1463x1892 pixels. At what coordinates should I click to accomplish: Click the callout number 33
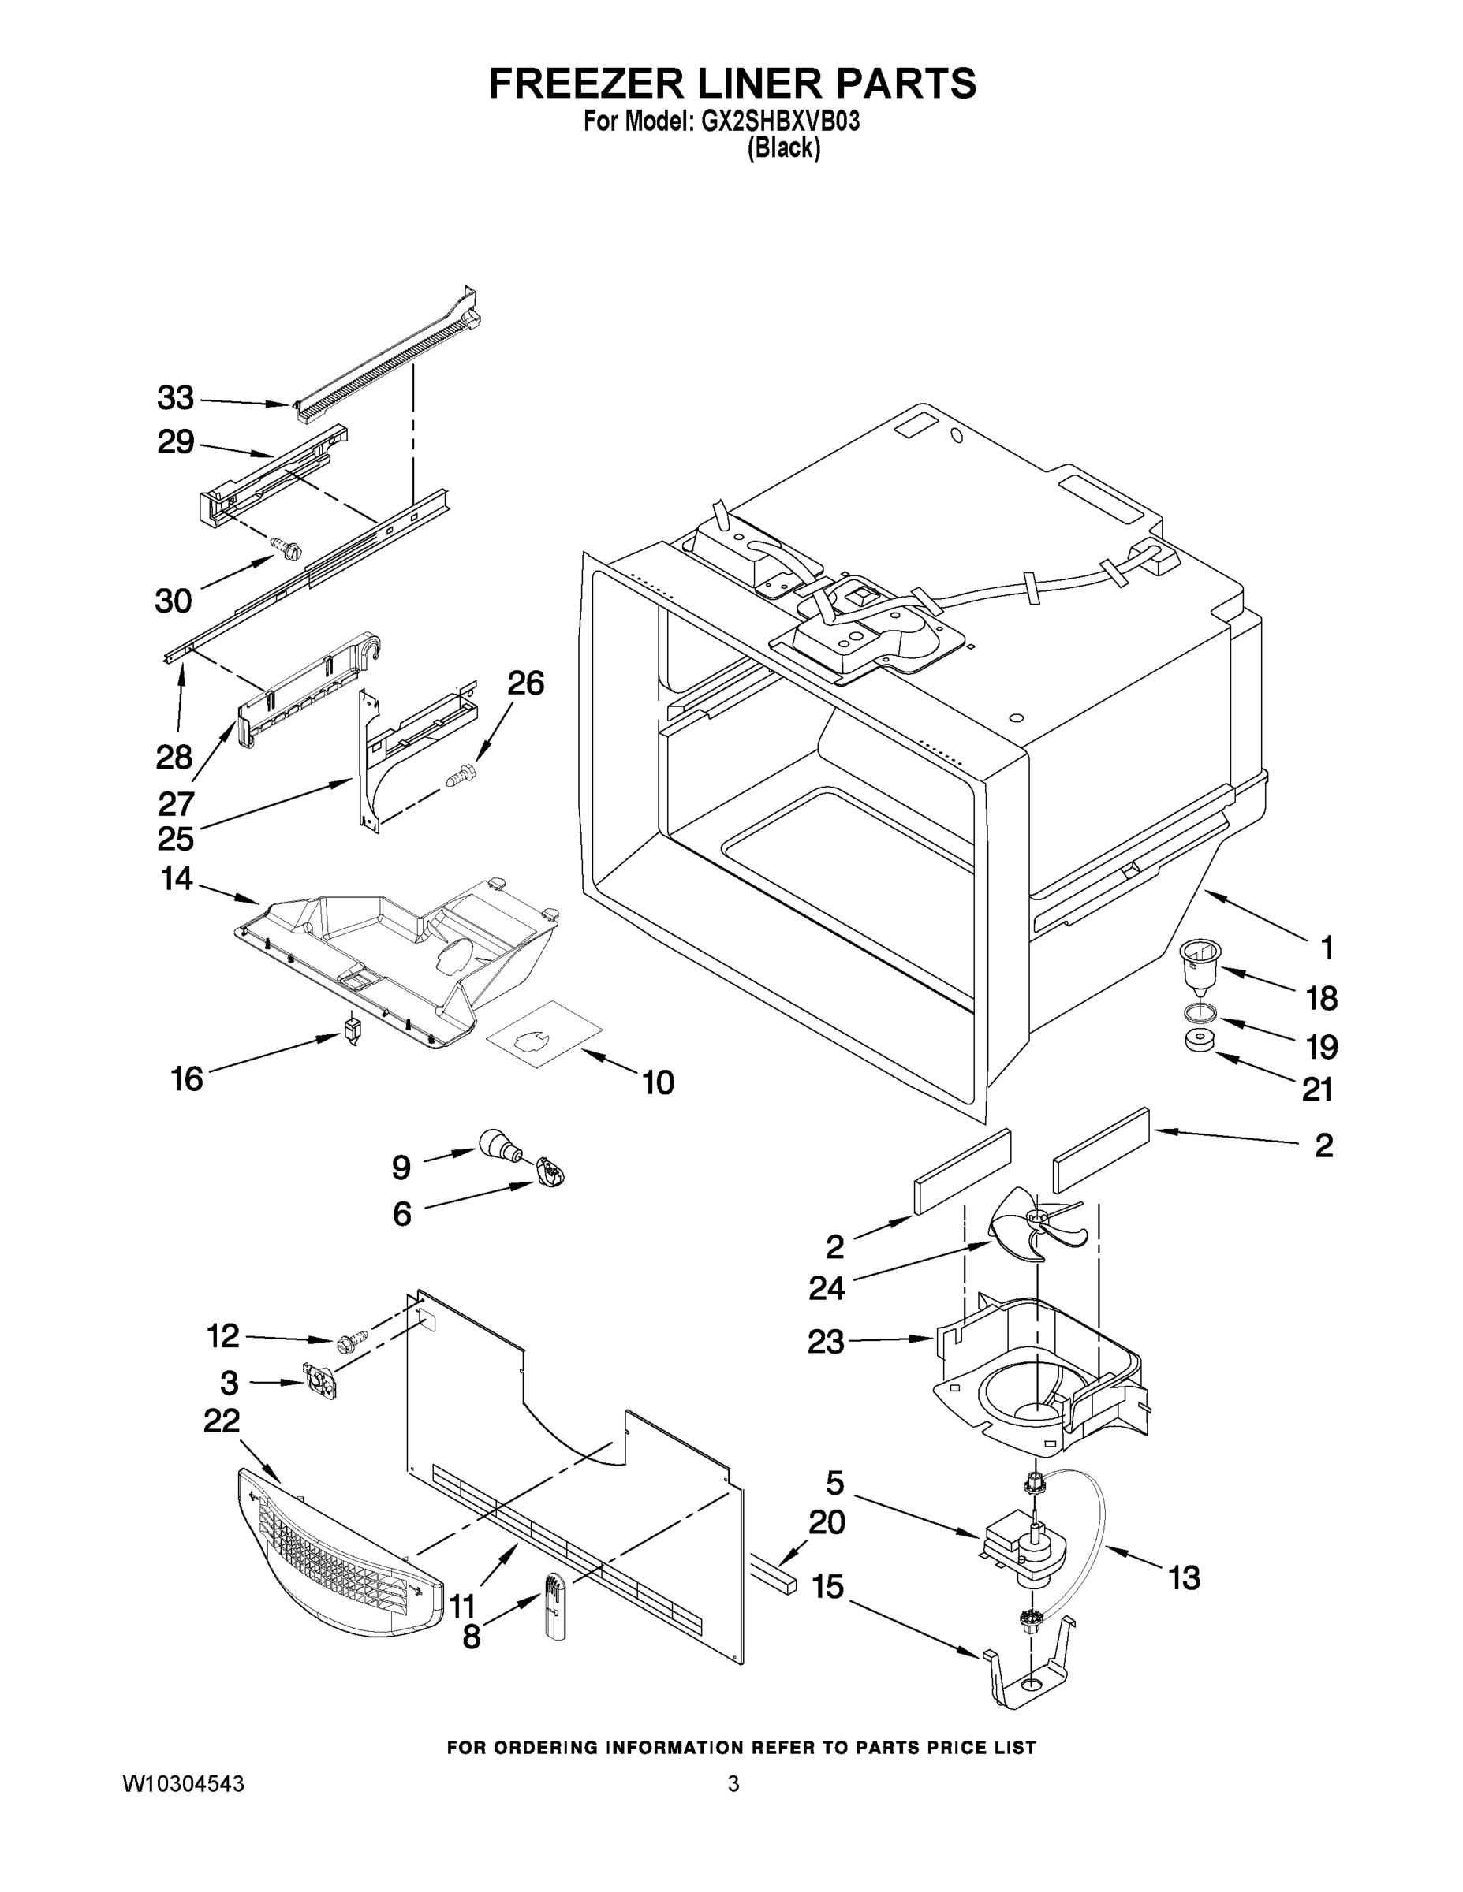[175, 398]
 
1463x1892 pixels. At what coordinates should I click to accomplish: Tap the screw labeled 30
[289, 548]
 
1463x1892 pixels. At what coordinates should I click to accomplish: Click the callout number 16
[186, 1079]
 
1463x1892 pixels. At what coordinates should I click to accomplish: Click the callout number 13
[1183, 1577]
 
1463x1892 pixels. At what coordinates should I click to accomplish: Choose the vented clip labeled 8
[553, 1607]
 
